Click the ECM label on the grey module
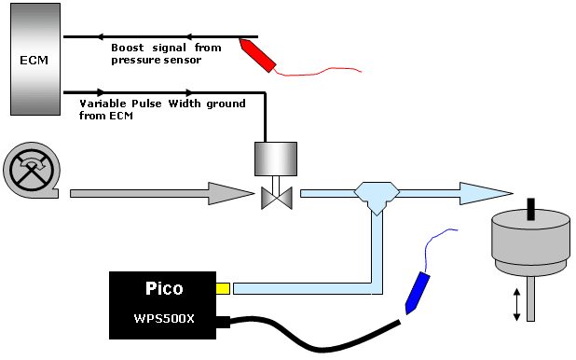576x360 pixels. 34,60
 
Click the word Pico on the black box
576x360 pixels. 164,289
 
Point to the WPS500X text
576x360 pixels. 164,318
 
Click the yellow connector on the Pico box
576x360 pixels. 223,289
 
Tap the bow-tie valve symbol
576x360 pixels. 277,198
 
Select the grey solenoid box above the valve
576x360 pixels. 276,159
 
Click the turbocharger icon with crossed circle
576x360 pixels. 32,171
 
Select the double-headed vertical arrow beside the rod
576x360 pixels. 517,305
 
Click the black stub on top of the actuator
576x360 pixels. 531,209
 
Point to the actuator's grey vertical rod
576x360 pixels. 531,298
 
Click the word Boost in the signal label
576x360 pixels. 127,48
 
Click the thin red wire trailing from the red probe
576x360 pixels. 318,72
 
